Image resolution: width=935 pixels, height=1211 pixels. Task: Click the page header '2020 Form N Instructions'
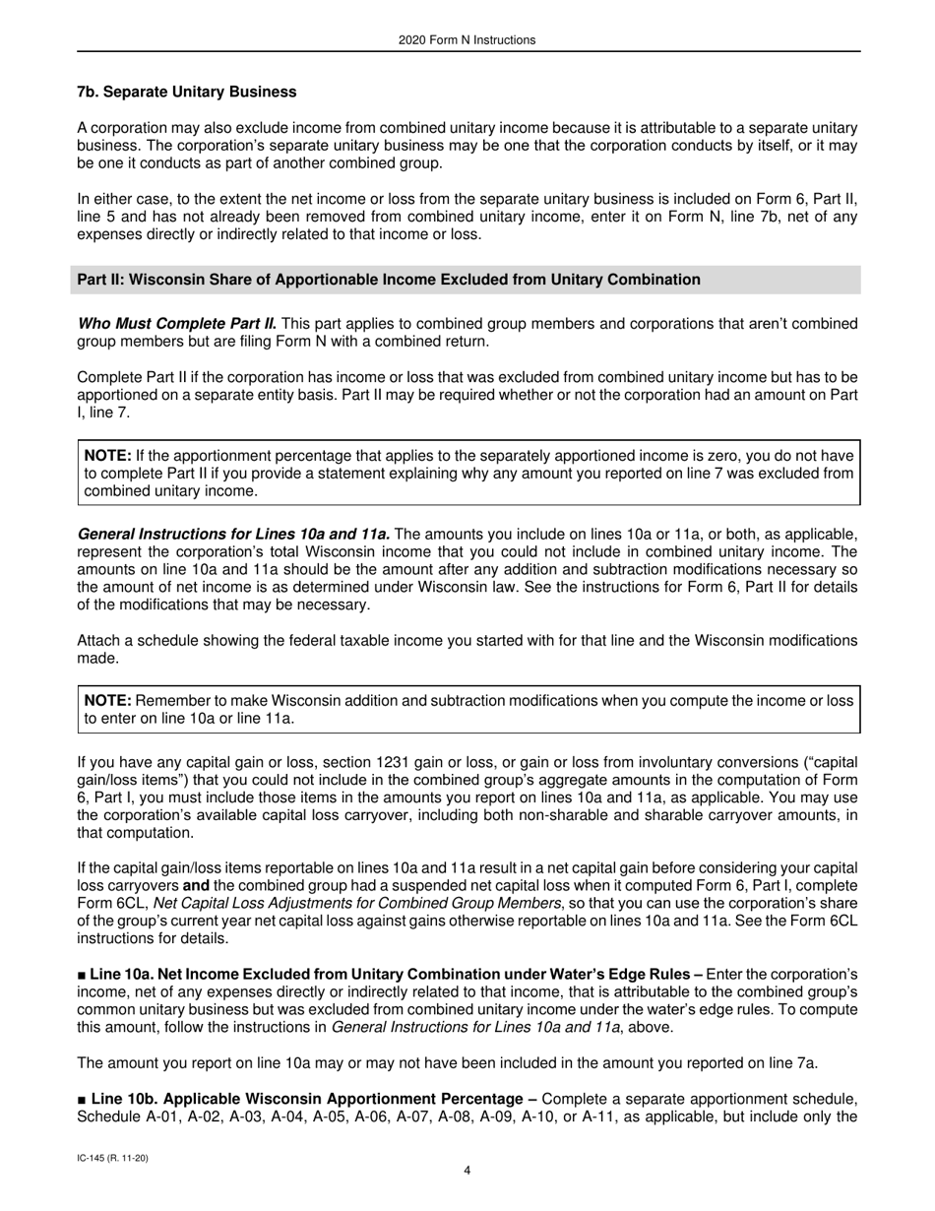point(467,40)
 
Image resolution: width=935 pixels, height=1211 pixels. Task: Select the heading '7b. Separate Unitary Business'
point(186,92)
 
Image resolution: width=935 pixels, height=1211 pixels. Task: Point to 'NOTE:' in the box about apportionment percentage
point(108,455)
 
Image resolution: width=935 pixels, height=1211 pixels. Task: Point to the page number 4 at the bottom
point(467,1171)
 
